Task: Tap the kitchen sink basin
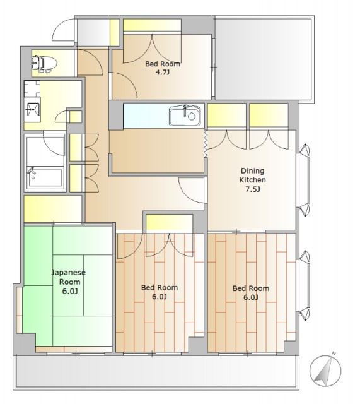pos(185,116)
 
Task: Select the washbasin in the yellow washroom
pos(32,110)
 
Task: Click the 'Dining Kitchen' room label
pos(252,175)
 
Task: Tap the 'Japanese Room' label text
pos(69,277)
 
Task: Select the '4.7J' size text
pos(163,72)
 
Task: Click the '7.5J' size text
pos(252,189)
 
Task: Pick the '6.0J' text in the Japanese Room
pos(70,292)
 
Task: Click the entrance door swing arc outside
pos(63,30)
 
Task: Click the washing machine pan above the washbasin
pos(32,88)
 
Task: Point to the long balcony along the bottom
pos(156,372)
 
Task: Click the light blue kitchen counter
pos(164,116)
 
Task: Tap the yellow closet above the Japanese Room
pos(53,209)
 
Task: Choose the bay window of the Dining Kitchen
pos(304,180)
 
